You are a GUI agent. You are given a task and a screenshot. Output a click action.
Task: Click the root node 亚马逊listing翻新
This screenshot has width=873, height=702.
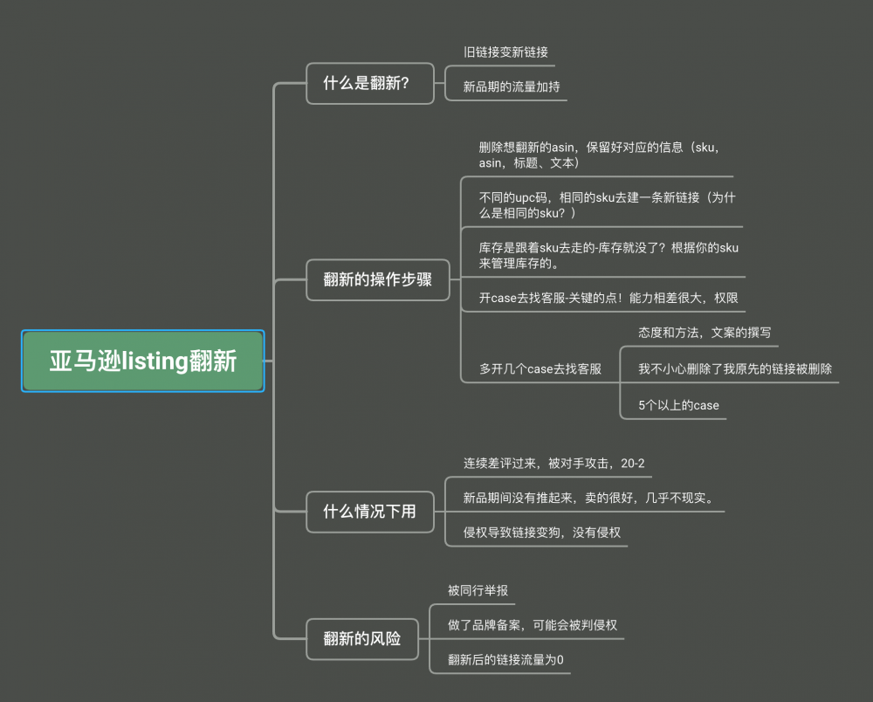[142, 361]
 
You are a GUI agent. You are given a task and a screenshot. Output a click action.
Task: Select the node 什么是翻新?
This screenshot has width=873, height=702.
[369, 84]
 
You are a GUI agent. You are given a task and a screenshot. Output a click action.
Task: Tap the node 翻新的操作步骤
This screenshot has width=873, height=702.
[377, 279]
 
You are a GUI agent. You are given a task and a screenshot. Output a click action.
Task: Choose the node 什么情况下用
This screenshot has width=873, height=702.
[369, 511]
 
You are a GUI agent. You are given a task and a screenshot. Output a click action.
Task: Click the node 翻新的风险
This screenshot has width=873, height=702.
[361, 638]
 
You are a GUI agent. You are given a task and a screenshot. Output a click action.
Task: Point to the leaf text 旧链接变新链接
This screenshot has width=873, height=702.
[505, 52]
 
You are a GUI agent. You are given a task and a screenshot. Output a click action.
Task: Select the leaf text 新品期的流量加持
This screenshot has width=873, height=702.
[512, 86]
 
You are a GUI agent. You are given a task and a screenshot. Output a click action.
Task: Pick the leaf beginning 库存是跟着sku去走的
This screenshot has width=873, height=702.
[608, 255]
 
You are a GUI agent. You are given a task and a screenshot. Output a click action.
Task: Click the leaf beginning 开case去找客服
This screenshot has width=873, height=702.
[608, 298]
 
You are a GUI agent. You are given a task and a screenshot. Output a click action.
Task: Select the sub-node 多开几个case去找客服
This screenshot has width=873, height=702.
[540, 368]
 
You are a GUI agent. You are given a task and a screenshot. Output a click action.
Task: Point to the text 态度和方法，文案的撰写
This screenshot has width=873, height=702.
[705, 333]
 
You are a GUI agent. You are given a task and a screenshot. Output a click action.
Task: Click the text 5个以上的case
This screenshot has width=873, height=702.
[678, 405]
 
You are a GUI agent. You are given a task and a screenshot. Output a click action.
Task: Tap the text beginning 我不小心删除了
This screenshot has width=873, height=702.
[735, 368]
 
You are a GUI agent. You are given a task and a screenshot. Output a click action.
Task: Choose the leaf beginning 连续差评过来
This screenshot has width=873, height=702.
[553, 463]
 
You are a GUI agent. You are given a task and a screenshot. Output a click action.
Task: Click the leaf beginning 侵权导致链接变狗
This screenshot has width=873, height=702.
[541, 532]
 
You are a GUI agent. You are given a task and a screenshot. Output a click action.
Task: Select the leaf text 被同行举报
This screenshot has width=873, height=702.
[478, 590]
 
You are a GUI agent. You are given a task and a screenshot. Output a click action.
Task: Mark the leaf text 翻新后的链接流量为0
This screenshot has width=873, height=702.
[505, 659]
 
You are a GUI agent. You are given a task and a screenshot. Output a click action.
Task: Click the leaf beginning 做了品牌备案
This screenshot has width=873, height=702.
[533, 624]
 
